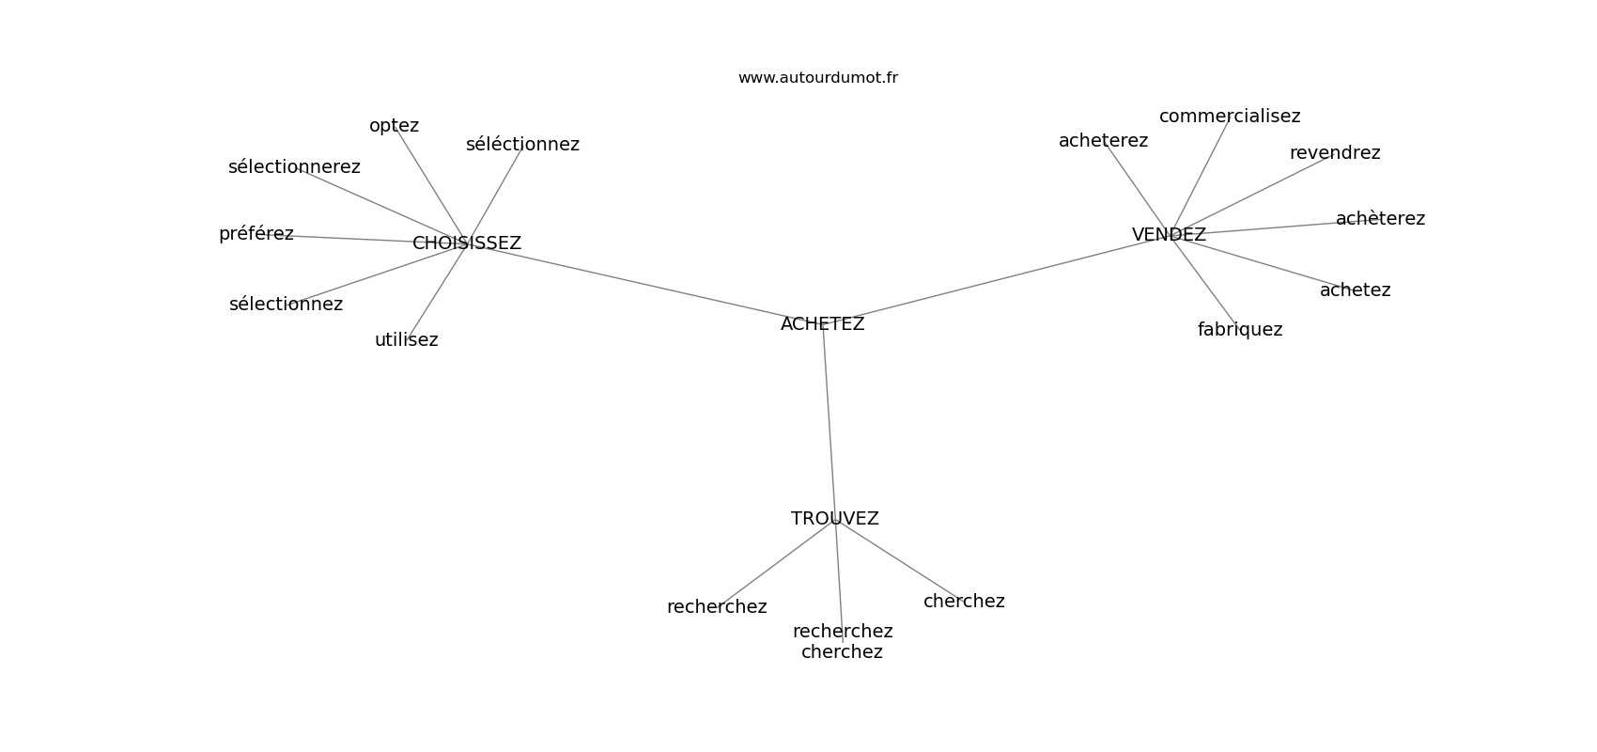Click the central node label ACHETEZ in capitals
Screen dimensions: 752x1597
pos(822,324)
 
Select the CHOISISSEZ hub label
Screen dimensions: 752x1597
pos(466,243)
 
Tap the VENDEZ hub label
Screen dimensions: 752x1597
pos(1169,235)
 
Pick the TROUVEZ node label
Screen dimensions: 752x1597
pos(834,519)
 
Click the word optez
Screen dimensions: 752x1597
pos(394,126)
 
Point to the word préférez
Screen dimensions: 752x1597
pos(256,234)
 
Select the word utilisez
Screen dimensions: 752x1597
pos(406,340)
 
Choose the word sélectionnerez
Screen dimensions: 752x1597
pos(294,167)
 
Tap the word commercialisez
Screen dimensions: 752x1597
pos(1229,117)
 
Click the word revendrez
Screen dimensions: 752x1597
pos(1334,153)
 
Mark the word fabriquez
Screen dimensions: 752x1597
pos(1239,330)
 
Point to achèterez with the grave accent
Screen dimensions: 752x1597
pos(1379,219)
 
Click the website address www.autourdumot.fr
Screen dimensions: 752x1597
pos(817,78)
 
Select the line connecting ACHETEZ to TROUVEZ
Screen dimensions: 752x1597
pos(830,423)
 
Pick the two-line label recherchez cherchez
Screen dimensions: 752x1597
pos(842,641)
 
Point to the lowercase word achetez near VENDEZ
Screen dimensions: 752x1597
pos(1355,290)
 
